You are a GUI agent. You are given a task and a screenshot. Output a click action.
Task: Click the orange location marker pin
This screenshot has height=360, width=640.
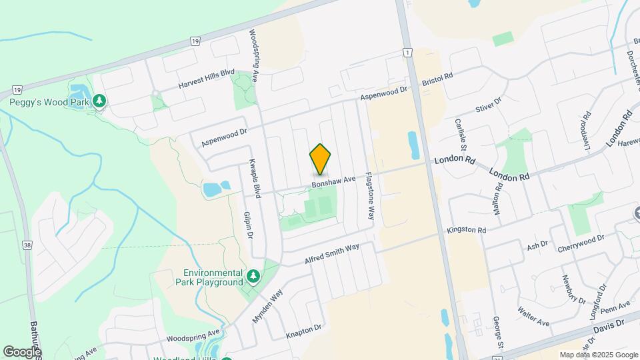320,159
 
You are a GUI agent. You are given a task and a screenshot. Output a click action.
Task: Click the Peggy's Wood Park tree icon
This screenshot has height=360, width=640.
100,101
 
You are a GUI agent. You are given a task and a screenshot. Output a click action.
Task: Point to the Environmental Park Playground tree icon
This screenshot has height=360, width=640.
253,276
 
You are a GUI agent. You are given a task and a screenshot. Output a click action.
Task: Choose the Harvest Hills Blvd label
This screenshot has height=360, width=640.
207,79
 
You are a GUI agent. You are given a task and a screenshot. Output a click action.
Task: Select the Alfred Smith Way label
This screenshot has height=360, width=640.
332,254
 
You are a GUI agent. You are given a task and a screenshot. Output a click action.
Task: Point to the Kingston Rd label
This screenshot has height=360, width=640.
467,230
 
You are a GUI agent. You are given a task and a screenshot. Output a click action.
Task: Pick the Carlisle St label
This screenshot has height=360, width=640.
459,133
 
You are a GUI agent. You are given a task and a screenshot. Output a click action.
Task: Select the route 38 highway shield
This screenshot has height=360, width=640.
26,245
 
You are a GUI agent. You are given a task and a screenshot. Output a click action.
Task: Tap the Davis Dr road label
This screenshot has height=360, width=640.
609,324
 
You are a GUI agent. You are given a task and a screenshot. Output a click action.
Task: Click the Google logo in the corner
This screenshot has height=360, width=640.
22,351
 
